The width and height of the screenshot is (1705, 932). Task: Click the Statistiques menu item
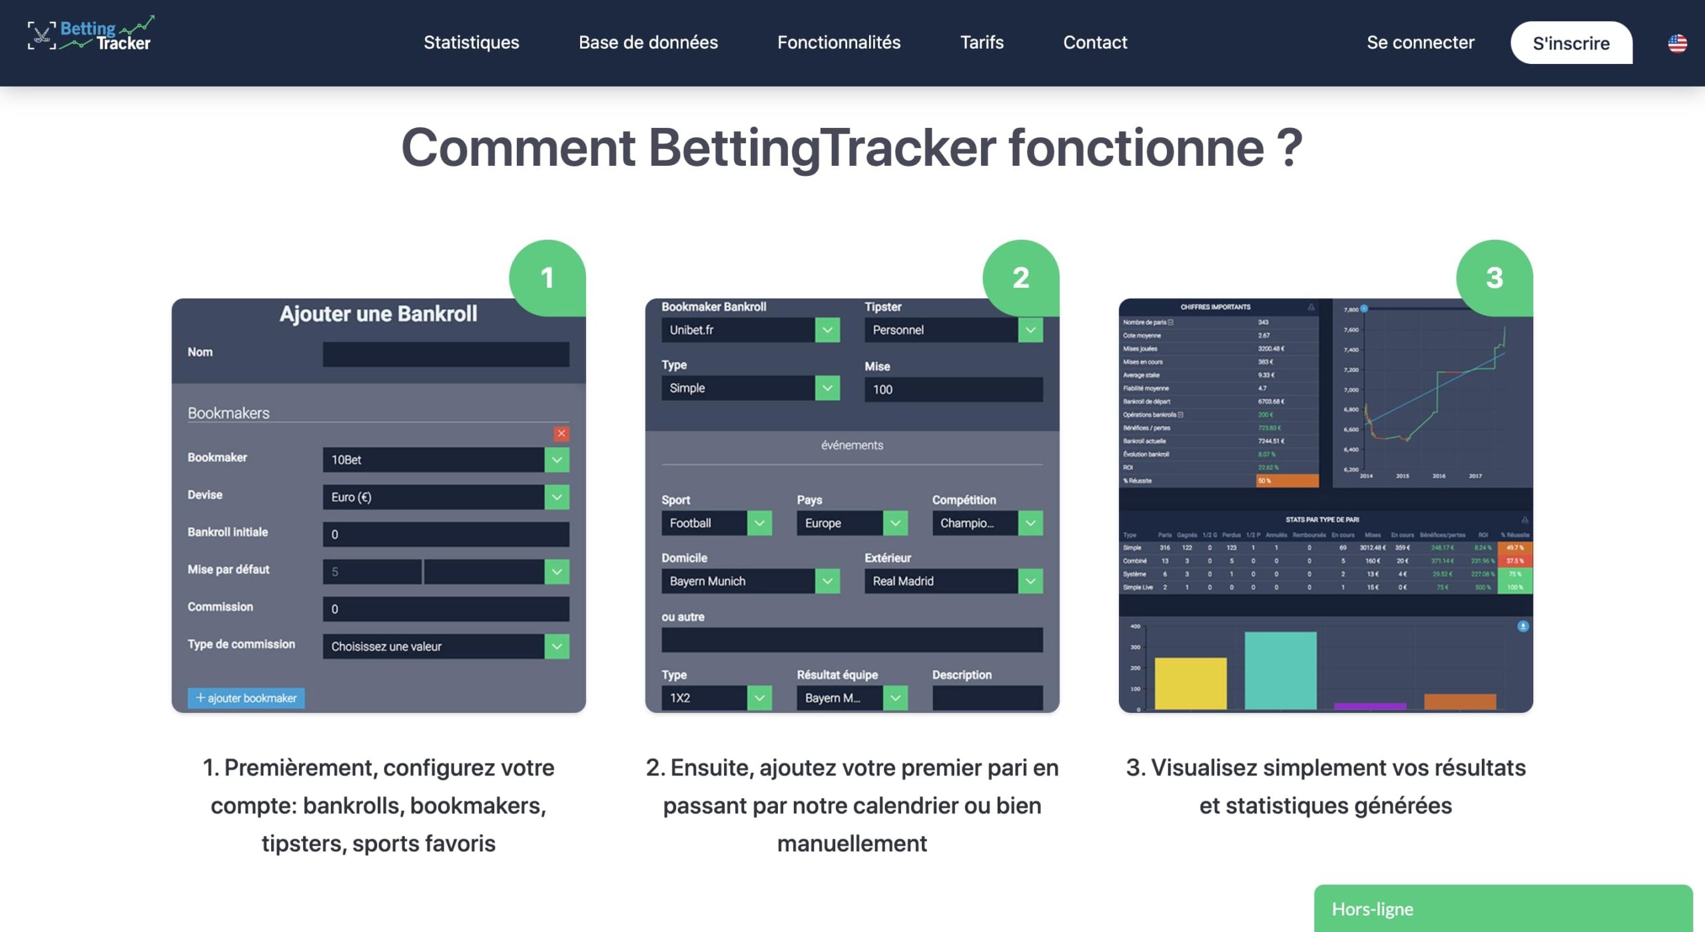(471, 43)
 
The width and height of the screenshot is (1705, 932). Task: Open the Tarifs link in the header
(981, 43)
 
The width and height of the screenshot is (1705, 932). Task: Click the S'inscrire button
(1570, 43)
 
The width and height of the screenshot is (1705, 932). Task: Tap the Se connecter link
(1420, 43)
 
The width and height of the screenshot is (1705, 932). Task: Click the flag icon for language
(1676, 43)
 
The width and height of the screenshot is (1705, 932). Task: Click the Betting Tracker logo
(91, 35)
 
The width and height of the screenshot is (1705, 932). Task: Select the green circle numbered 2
(1020, 278)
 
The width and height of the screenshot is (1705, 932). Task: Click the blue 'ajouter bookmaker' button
(246, 698)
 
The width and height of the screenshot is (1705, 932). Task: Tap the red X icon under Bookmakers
(561, 434)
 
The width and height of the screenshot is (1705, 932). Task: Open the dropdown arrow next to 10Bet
(557, 460)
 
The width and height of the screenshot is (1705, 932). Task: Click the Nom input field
(446, 354)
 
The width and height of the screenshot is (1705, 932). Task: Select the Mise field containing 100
(953, 390)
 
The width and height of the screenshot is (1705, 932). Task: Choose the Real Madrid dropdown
(953, 581)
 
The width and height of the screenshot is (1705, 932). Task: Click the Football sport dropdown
(716, 523)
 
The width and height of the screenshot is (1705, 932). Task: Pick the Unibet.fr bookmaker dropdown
(750, 330)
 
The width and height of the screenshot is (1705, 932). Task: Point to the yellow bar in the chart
(1190, 683)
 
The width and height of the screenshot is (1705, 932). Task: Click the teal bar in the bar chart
(1280, 670)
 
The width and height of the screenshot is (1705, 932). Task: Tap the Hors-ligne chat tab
(1503, 909)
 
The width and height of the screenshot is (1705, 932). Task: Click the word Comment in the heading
(518, 148)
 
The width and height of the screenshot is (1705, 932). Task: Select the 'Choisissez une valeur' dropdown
(446, 646)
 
